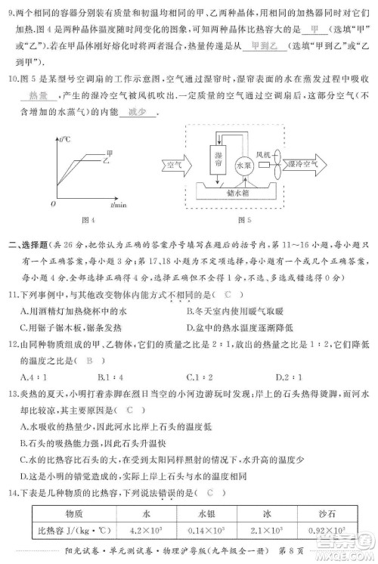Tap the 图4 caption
[x=88, y=221]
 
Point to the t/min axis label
[x=118, y=204]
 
